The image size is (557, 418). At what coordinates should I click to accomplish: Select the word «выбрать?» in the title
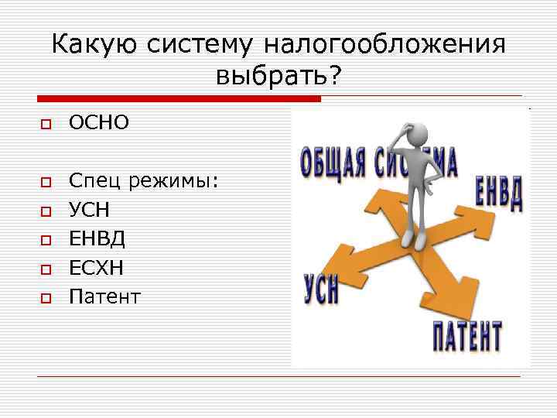click(279, 76)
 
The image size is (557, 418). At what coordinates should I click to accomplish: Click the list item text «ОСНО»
click(100, 122)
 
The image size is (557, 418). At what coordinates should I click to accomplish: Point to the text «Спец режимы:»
click(144, 183)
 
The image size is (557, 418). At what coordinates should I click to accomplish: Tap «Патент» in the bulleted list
click(105, 296)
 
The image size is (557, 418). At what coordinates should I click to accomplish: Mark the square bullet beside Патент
click(46, 297)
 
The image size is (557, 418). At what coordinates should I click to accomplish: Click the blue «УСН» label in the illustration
click(320, 287)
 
